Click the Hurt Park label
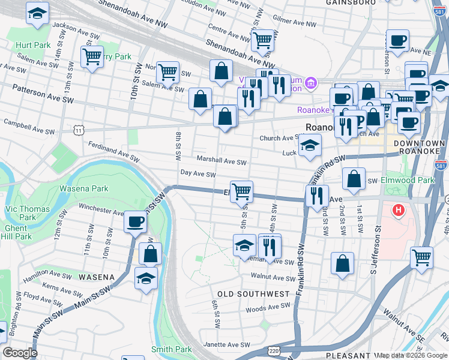[34, 45]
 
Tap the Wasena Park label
[84, 188]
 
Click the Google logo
[20, 353]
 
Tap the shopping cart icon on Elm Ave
[241, 191]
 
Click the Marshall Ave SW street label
[221, 161]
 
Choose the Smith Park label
[171, 349]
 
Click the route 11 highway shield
[79, 130]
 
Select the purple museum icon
[312, 82]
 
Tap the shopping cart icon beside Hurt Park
[92, 57]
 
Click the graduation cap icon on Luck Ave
[310, 145]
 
